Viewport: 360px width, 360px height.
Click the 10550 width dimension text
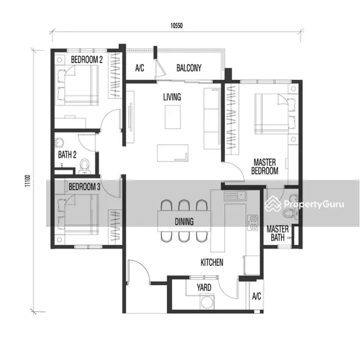[176, 25]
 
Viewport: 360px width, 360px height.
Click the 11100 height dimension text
[28, 181]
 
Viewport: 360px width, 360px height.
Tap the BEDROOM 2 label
[87, 59]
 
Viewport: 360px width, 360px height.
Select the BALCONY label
[189, 68]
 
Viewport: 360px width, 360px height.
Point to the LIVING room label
[172, 97]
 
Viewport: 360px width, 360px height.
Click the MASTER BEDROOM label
[265, 167]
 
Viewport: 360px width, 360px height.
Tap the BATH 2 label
[67, 155]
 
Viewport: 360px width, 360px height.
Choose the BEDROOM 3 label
[85, 187]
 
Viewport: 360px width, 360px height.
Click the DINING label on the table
[184, 221]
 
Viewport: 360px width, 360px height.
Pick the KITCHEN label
[212, 262]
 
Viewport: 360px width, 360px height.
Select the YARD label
[204, 287]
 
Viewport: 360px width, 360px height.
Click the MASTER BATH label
[278, 233]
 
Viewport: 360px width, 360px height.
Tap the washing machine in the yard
[208, 302]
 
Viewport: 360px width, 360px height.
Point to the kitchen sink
[235, 196]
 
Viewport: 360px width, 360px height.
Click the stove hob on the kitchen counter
[253, 223]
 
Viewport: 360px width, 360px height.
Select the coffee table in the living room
[173, 117]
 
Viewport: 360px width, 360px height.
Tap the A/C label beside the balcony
[140, 68]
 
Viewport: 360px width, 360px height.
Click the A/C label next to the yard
[256, 296]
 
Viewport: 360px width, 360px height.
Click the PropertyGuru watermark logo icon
[272, 203]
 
